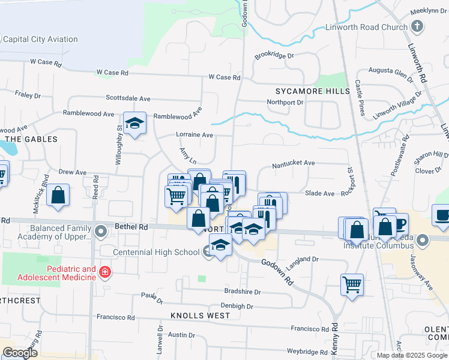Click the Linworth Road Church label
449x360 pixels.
[x=366, y=27]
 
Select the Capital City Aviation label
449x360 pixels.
[x=40, y=40]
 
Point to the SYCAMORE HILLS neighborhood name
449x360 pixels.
[x=312, y=91]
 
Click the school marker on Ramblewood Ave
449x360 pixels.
[x=134, y=124]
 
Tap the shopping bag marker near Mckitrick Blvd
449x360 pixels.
[x=58, y=196]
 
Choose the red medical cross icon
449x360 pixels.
[x=105, y=272]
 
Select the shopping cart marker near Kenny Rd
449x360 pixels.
[x=352, y=284]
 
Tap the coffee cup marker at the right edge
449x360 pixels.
[x=443, y=217]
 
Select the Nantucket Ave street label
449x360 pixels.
[x=293, y=163]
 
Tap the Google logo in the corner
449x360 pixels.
[x=20, y=353]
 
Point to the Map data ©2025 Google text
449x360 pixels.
[x=411, y=355]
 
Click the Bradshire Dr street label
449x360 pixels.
[x=241, y=292]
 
